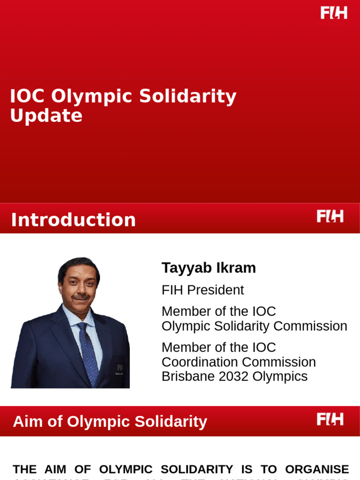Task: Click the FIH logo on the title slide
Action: click(x=334, y=13)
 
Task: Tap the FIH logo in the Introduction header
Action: click(x=330, y=216)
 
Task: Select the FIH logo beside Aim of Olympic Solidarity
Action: click(x=330, y=419)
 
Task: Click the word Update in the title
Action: click(x=46, y=116)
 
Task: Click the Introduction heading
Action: click(x=73, y=220)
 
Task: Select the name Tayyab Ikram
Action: click(x=209, y=268)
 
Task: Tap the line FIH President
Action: click(x=202, y=290)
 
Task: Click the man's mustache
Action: click(x=81, y=297)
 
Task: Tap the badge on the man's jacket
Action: click(x=120, y=369)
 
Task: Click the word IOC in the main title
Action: click(x=27, y=97)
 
